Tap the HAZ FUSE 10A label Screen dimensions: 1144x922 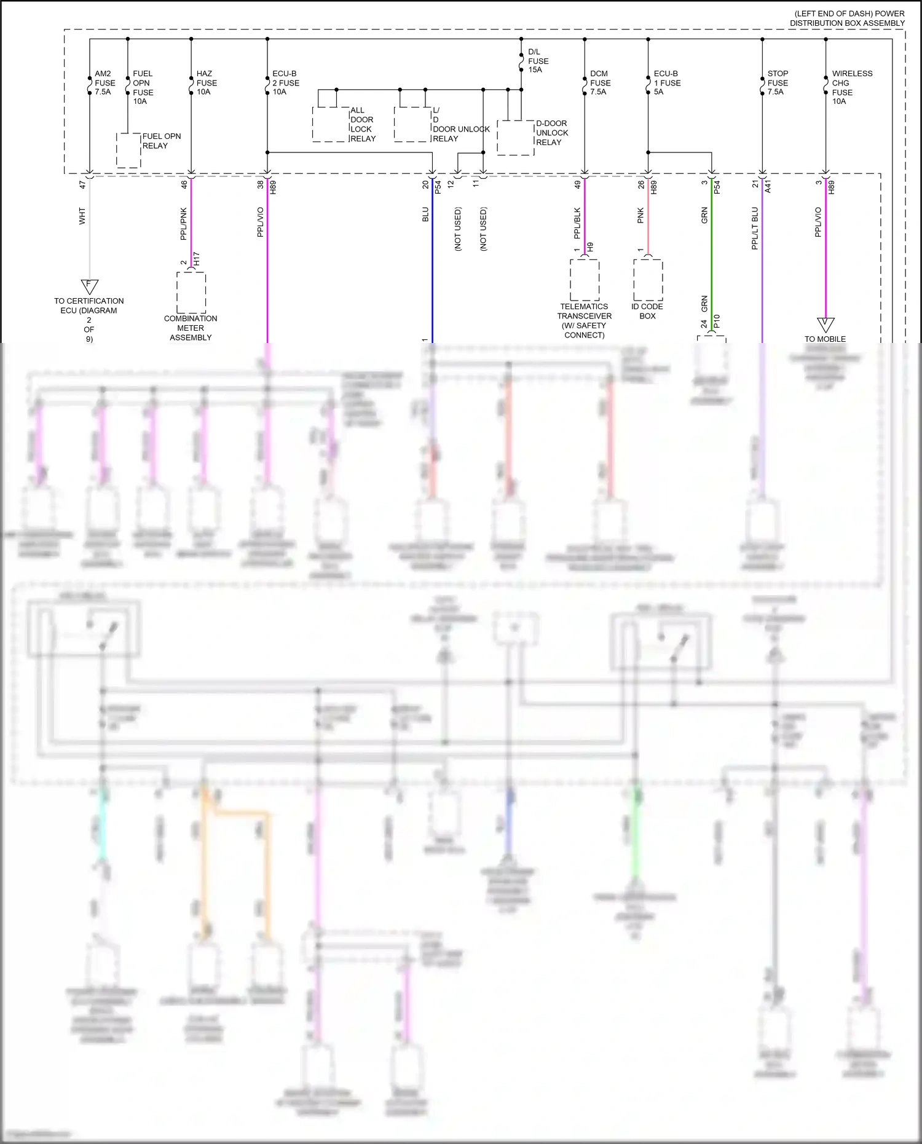click(206, 83)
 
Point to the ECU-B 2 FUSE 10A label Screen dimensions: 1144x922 click(285, 83)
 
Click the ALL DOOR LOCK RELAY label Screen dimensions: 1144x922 click(362, 125)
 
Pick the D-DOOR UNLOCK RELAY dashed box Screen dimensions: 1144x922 click(515, 138)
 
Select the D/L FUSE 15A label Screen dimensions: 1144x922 click(538, 61)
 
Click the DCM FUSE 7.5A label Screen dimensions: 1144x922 click(600, 83)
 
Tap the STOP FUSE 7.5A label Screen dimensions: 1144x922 click(777, 83)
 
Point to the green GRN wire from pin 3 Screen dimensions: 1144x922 click(712, 258)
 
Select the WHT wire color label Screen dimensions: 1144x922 click(82, 216)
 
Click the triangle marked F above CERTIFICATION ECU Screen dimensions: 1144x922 click(90, 286)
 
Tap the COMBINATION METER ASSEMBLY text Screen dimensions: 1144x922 click(191, 328)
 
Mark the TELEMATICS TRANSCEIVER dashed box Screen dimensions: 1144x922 click(584, 280)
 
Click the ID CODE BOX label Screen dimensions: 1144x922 click(647, 311)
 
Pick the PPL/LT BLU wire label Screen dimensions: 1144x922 click(755, 228)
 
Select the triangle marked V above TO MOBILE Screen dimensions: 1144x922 click(825, 324)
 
